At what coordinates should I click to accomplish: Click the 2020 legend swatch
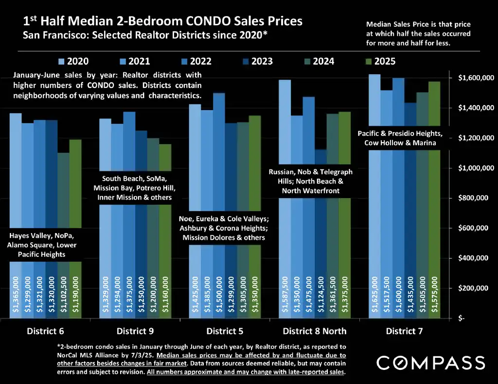[61, 62]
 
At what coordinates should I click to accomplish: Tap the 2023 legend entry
[256, 62]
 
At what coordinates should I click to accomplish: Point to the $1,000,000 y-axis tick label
[476, 168]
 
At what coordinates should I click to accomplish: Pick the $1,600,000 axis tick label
[476, 78]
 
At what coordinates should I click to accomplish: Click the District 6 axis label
[45, 331]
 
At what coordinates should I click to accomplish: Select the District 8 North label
[315, 331]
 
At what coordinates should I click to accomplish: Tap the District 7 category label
[405, 331]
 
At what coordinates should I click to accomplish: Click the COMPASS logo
[431, 363]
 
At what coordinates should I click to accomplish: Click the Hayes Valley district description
[43, 245]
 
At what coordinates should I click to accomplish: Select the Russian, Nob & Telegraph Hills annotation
[311, 181]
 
